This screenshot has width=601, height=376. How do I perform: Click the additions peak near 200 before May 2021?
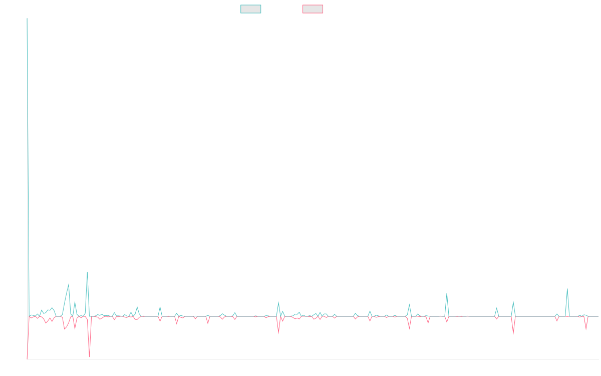tap(87, 272)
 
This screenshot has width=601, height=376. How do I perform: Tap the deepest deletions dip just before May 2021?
tap(89, 356)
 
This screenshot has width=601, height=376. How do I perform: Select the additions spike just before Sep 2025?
tap(567, 288)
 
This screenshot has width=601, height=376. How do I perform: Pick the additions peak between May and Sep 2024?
tap(447, 293)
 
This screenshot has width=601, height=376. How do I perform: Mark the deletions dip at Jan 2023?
tap(278, 332)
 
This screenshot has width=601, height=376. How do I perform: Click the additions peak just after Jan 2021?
tap(69, 284)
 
